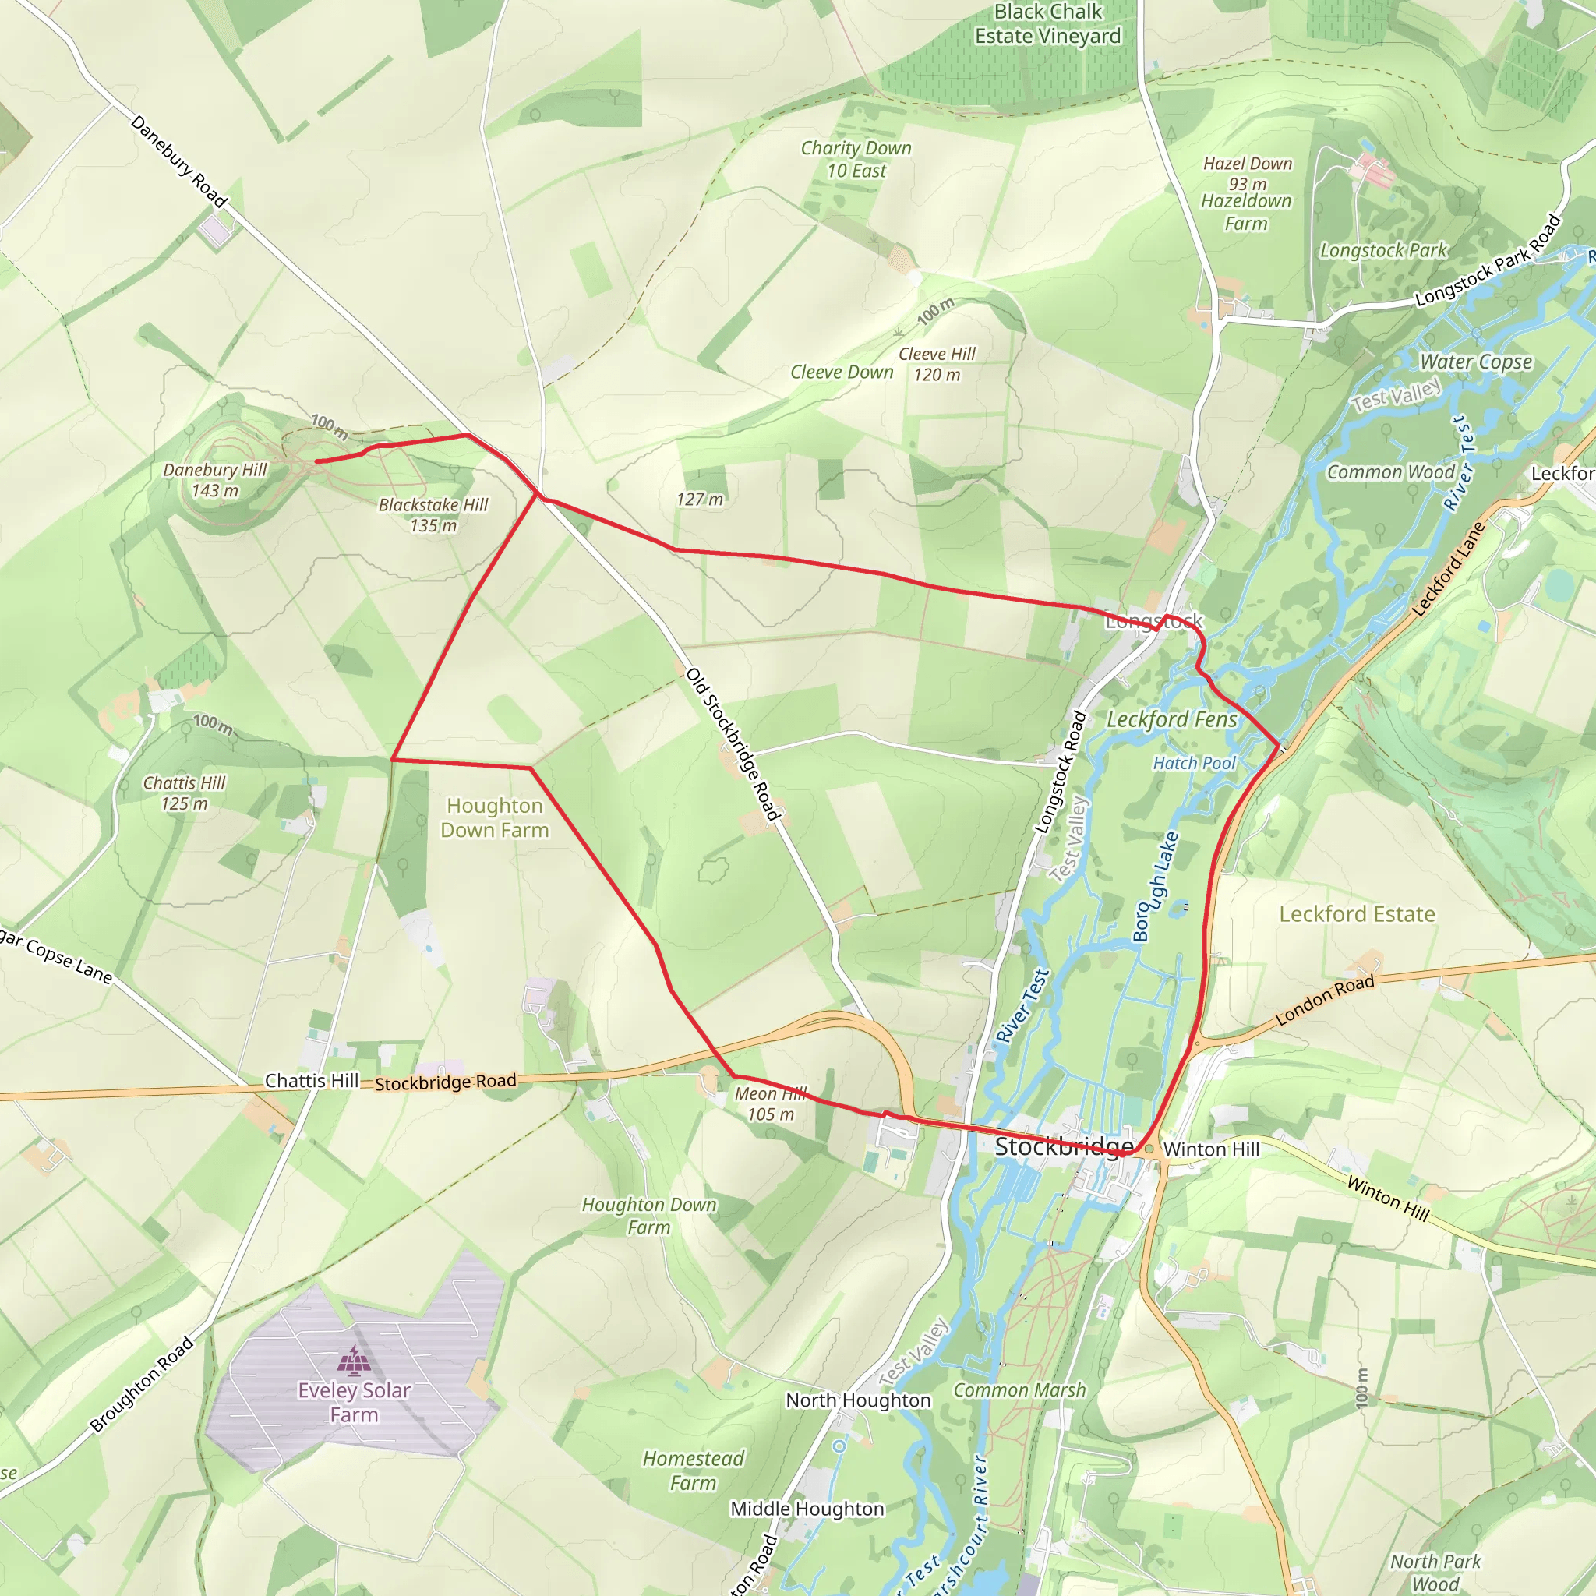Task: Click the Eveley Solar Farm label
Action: coord(355,1402)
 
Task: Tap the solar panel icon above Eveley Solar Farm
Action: coord(355,1360)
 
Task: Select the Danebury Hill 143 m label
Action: coord(215,480)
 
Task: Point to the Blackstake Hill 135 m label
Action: coord(433,514)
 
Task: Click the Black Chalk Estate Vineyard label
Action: coord(1047,24)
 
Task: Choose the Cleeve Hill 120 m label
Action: coord(937,364)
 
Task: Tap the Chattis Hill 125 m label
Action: coord(184,793)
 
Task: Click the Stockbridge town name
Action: coord(1063,1146)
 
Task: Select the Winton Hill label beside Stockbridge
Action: coord(1211,1149)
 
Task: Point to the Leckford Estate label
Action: coord(1357,913)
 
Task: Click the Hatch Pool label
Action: coord(1194,763)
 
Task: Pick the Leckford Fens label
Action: coord(1171,719)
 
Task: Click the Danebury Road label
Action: coord(178,161)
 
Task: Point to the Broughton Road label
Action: coord(141,1385)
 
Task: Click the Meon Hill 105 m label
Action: coord(771,1103)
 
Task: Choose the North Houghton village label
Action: coord(857,1400)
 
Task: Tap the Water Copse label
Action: coord(1475,362)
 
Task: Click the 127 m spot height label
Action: coord(700,499)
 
